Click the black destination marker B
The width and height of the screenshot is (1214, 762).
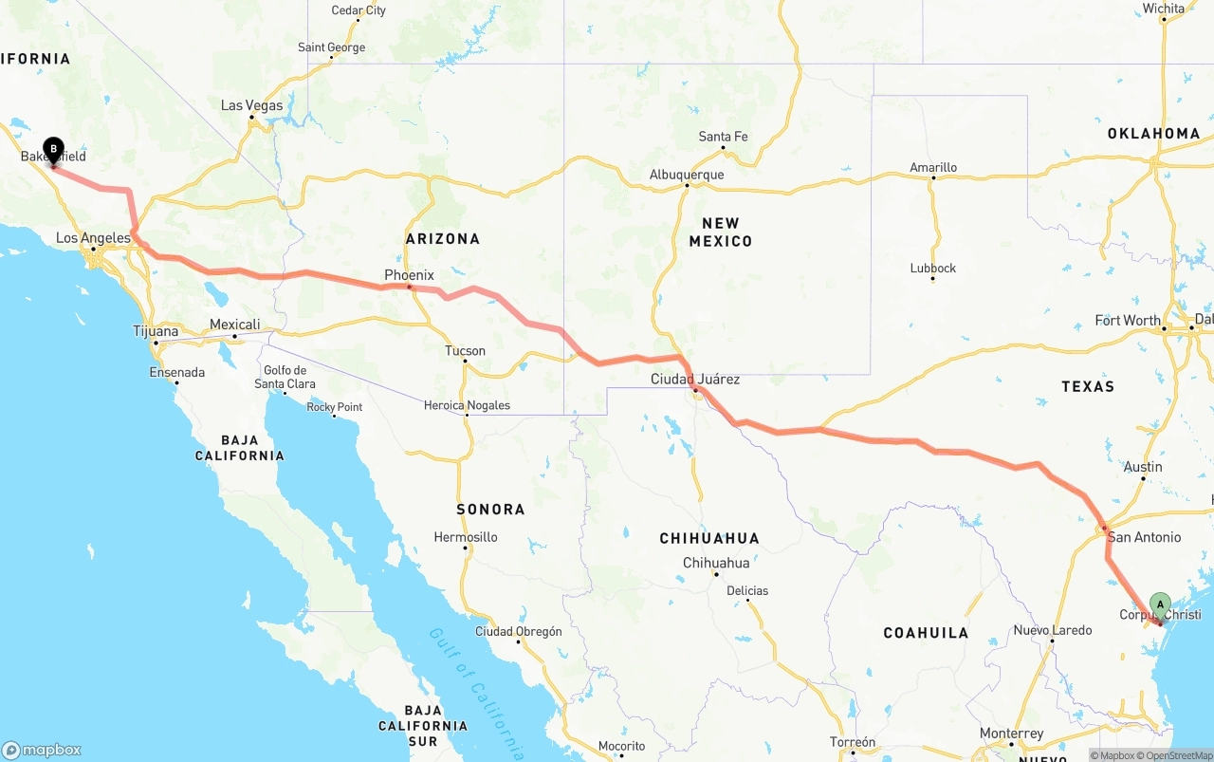[x=54, y=150]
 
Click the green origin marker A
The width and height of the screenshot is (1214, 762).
[x=1159, y=604]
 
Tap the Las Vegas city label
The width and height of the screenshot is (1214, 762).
[x=251, y=105]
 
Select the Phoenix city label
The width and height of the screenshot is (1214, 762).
[x=409, y=275]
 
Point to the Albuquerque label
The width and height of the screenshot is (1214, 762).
[x=687, y=175]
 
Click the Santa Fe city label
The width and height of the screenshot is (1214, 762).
[x=723, y=137]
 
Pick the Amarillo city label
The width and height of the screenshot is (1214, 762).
[x=933, y=168]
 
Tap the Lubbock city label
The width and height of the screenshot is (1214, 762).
[x=933, y=269]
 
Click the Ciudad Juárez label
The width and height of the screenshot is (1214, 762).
[x=695, y=380]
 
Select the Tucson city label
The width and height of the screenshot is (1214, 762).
[x=465, y=351]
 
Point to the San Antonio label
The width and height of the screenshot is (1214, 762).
[x=1144, y=537]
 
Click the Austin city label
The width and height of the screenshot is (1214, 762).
[x=1143, y=467]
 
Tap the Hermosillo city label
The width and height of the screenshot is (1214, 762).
[x=466, y=537]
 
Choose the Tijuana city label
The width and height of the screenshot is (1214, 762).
[x=156, y=331]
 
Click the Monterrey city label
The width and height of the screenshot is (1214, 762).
[x=1011, y=734]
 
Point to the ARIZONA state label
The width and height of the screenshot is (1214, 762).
[x=443, y=239]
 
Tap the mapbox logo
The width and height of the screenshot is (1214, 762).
[x=42, y=750]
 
